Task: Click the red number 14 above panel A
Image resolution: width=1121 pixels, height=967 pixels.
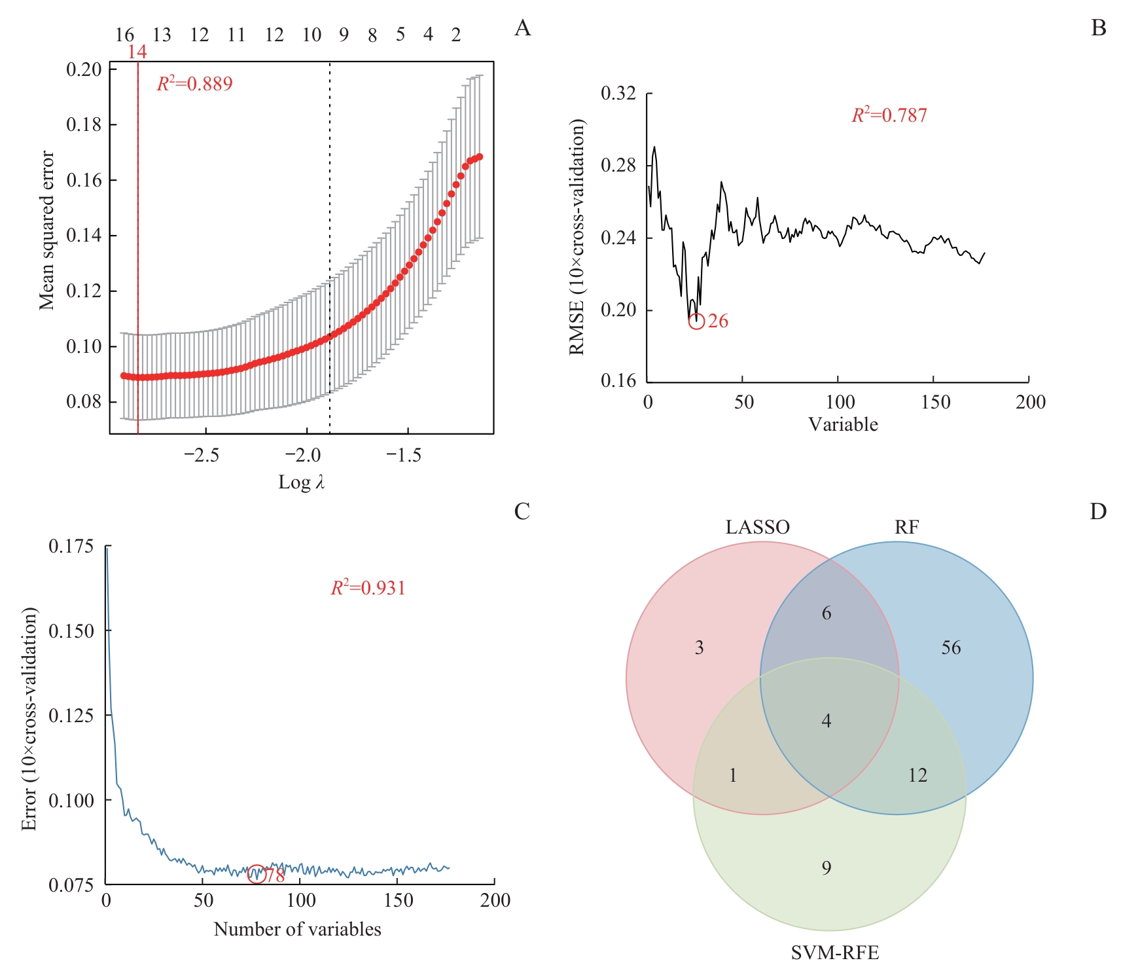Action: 137,52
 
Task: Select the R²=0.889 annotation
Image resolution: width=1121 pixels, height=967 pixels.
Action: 194,84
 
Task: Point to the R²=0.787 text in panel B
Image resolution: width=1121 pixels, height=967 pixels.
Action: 889,115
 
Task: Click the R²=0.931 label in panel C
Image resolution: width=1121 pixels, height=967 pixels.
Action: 368,588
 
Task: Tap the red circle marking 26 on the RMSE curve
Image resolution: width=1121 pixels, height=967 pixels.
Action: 696,321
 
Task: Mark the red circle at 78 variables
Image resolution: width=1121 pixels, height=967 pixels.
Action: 257,874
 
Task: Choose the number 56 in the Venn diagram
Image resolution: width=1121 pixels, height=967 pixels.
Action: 951,648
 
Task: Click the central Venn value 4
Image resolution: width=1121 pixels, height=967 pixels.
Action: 827,721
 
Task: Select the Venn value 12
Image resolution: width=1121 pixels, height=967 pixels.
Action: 917,776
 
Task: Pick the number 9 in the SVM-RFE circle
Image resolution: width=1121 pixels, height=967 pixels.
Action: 827,868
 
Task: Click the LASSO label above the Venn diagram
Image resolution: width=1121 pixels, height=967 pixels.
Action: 757,528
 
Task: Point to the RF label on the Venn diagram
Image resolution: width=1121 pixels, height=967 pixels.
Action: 906,528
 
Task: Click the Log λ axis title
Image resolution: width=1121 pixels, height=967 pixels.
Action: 301,483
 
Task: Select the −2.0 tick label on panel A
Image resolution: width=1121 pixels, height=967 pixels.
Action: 303,456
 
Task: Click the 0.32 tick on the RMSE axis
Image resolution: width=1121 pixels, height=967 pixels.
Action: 618,94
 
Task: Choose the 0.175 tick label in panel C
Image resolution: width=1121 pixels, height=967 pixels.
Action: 71,546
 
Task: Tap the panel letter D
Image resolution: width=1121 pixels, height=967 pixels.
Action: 1097,511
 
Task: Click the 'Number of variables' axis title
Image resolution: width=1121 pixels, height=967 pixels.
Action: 297,930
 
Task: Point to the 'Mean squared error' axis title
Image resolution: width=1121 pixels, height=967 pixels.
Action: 46,230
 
